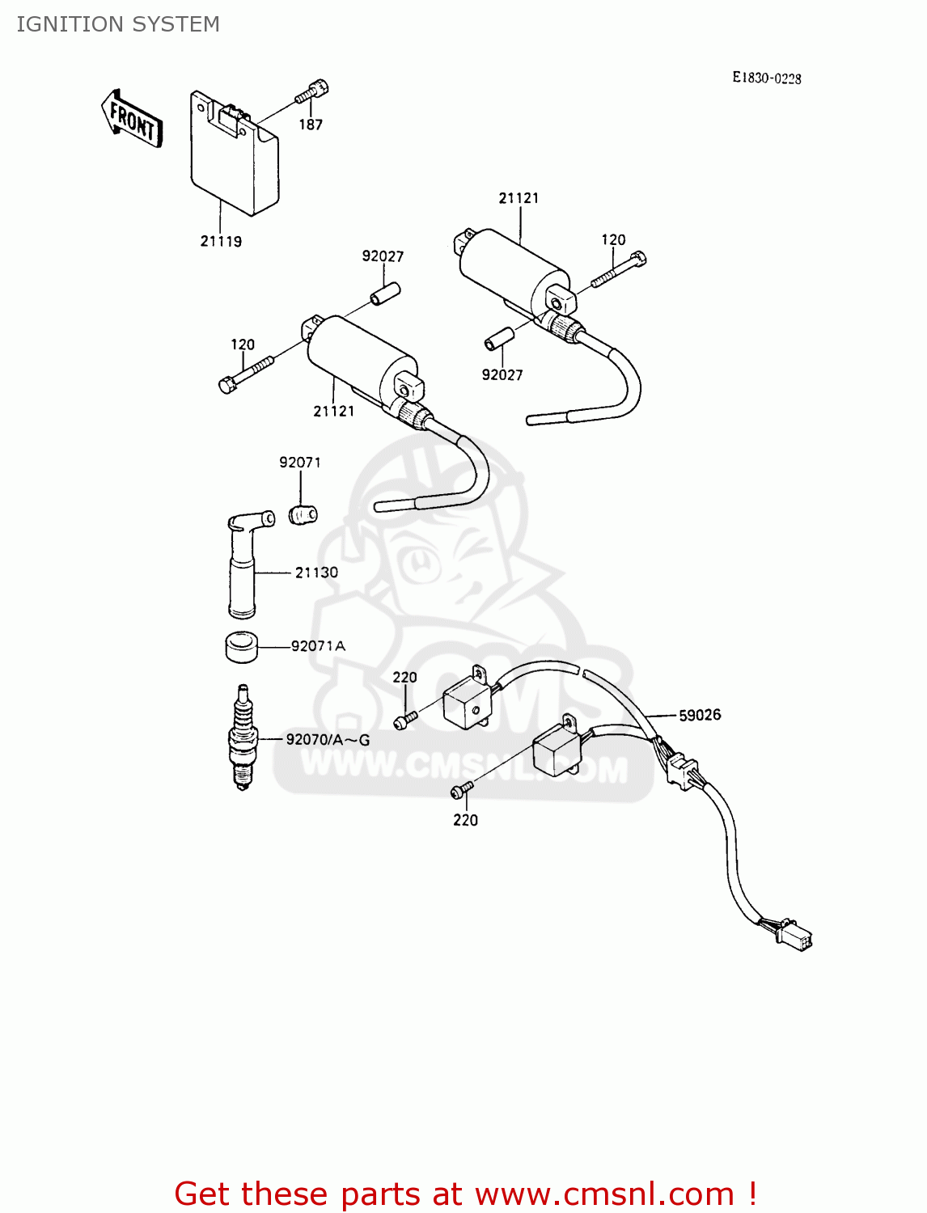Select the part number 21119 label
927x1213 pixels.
click(221, 241)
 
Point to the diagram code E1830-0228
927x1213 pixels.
click(766, 78)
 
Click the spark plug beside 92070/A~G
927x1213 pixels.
click(243, 738)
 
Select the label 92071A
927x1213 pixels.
click(318, 646)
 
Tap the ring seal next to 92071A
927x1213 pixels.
click(241, 647)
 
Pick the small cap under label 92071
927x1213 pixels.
click(303, 514)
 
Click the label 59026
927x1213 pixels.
click(700, 715)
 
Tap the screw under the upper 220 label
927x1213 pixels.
click(404, 719)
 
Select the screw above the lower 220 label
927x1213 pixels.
click(463, 788)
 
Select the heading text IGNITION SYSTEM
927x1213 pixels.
click(118, 24)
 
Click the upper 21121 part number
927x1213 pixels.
click(519, 198)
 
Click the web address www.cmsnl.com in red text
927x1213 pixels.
click(604, 1194)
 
